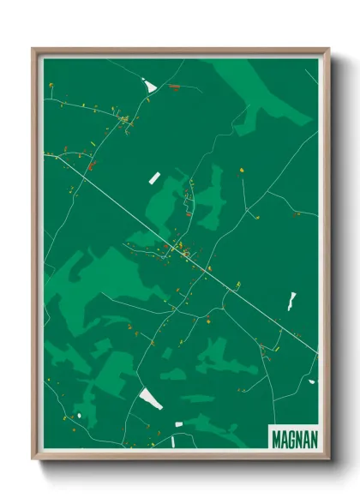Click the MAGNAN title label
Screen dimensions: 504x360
point(294,436)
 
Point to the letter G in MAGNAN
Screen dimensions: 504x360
point(291,436)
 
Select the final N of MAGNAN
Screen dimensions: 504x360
point(313,436)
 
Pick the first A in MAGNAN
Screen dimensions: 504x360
point(284,436)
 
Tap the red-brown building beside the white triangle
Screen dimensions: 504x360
point(174,87)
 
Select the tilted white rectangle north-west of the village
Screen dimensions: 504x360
point(155,177)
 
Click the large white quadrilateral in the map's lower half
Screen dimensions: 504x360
point(152,398)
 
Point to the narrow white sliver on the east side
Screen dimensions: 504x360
point(292,300)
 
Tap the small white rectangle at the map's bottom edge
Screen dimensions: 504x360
point(179,424)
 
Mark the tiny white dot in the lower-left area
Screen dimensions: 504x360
point(79,416)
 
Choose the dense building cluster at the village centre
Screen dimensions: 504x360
point(183,250)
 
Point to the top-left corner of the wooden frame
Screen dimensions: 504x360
point(33,50)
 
